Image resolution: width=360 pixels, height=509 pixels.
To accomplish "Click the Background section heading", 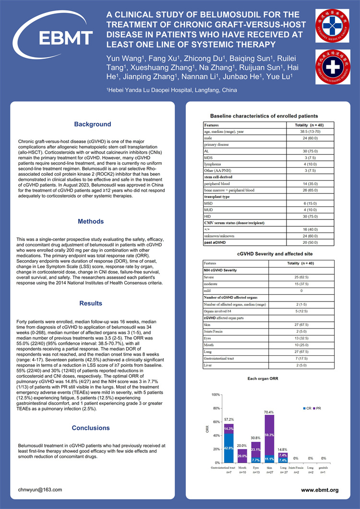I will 93,124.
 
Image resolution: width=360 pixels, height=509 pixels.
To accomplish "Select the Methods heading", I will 91,222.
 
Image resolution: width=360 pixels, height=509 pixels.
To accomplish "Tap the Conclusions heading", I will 91,428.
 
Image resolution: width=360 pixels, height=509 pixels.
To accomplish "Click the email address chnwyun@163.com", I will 40,490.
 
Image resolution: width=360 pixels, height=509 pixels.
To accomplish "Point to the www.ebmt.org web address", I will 320,490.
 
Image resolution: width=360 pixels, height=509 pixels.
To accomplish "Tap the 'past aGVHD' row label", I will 216,243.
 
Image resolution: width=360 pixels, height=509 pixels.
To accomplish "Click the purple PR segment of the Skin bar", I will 269,435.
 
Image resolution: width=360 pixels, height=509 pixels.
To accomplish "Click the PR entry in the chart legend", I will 317,408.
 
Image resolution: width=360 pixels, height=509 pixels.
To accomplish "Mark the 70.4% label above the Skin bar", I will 269,412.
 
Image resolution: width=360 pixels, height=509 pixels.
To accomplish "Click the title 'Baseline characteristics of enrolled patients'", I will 264,116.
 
